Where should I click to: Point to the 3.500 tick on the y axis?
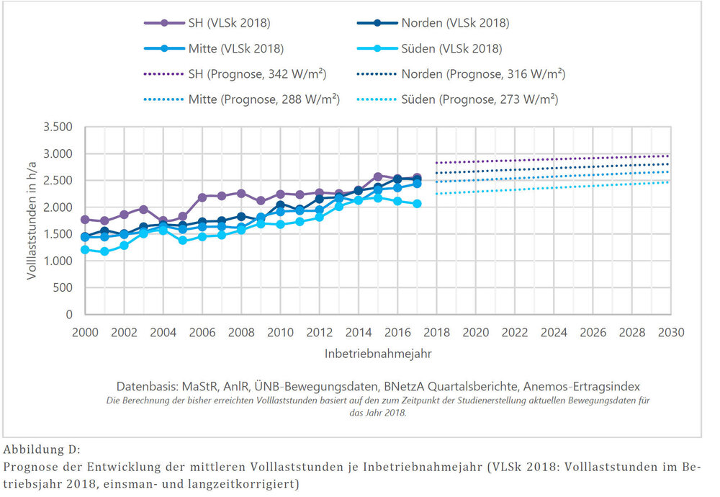[59, 127]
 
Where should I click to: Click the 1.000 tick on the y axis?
[59, 261]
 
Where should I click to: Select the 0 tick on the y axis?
[70, 315]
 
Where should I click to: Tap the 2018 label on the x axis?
[436, 333]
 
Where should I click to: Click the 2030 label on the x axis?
[670, 333]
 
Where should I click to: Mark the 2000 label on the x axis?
[86, 333]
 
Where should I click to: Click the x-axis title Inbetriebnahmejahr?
[377, 355]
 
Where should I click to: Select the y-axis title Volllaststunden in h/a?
[34, 220]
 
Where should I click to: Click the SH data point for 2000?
[86, 220]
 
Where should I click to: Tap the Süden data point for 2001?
[105, 251]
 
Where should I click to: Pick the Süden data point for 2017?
[417, 204]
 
